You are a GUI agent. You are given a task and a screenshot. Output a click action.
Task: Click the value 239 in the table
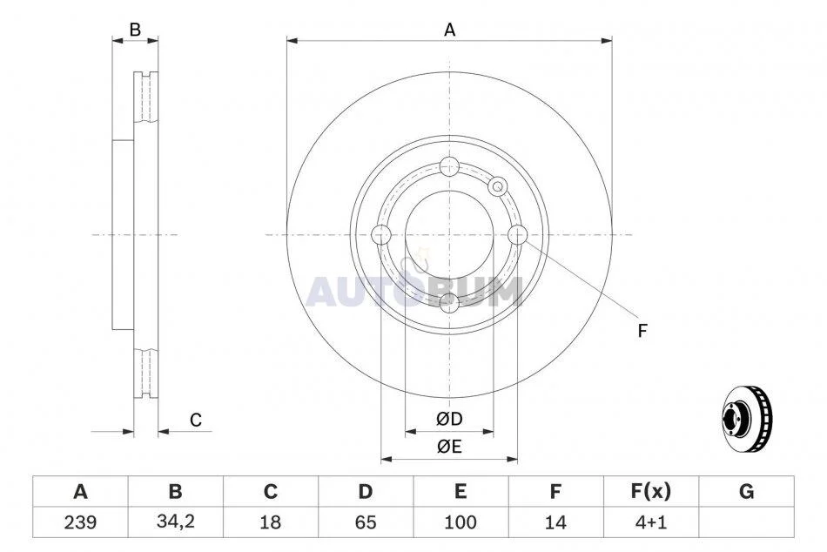80,522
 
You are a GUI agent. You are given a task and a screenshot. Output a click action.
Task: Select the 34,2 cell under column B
176,522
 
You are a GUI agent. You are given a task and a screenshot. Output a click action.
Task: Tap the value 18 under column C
270,522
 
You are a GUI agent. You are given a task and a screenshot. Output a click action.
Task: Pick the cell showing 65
366,522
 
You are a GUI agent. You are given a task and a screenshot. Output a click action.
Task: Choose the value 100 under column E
461,522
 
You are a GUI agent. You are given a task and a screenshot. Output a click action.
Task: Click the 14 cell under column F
555,522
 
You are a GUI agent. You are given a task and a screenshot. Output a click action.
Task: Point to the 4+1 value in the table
651,522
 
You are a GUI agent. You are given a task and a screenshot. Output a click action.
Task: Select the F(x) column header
651,491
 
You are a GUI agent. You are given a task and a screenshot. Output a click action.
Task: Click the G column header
746,491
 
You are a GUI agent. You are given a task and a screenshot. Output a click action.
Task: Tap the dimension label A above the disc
449,30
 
